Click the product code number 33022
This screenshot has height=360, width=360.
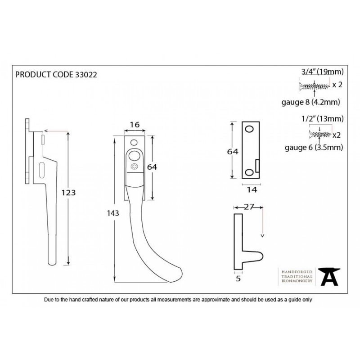point(86,75)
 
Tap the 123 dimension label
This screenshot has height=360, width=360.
point(68,193)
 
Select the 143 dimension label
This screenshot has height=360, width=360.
point(113,213)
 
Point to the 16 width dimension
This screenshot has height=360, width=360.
point(135,125)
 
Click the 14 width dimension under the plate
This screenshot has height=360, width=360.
point(252,189)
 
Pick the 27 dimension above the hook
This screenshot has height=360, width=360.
point(249,207)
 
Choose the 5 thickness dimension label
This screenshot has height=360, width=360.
point(238,279)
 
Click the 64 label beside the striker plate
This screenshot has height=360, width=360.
point(233,152)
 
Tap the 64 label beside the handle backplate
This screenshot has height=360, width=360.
point(152,167)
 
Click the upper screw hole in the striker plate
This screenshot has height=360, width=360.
point(249,129)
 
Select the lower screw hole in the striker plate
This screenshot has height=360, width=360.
point(249,172)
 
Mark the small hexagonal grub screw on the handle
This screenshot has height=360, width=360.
point(134,166)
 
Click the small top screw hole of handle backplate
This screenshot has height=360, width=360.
point(134,143)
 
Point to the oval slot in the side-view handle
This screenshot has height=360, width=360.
point(42,170)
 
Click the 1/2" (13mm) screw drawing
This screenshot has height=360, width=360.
point(320,134)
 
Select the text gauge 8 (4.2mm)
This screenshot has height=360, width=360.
point(311,102)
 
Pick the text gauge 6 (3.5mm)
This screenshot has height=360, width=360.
point(314,148)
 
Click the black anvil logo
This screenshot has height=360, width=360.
point(329,277)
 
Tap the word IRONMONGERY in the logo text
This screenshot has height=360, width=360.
point(297,281)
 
